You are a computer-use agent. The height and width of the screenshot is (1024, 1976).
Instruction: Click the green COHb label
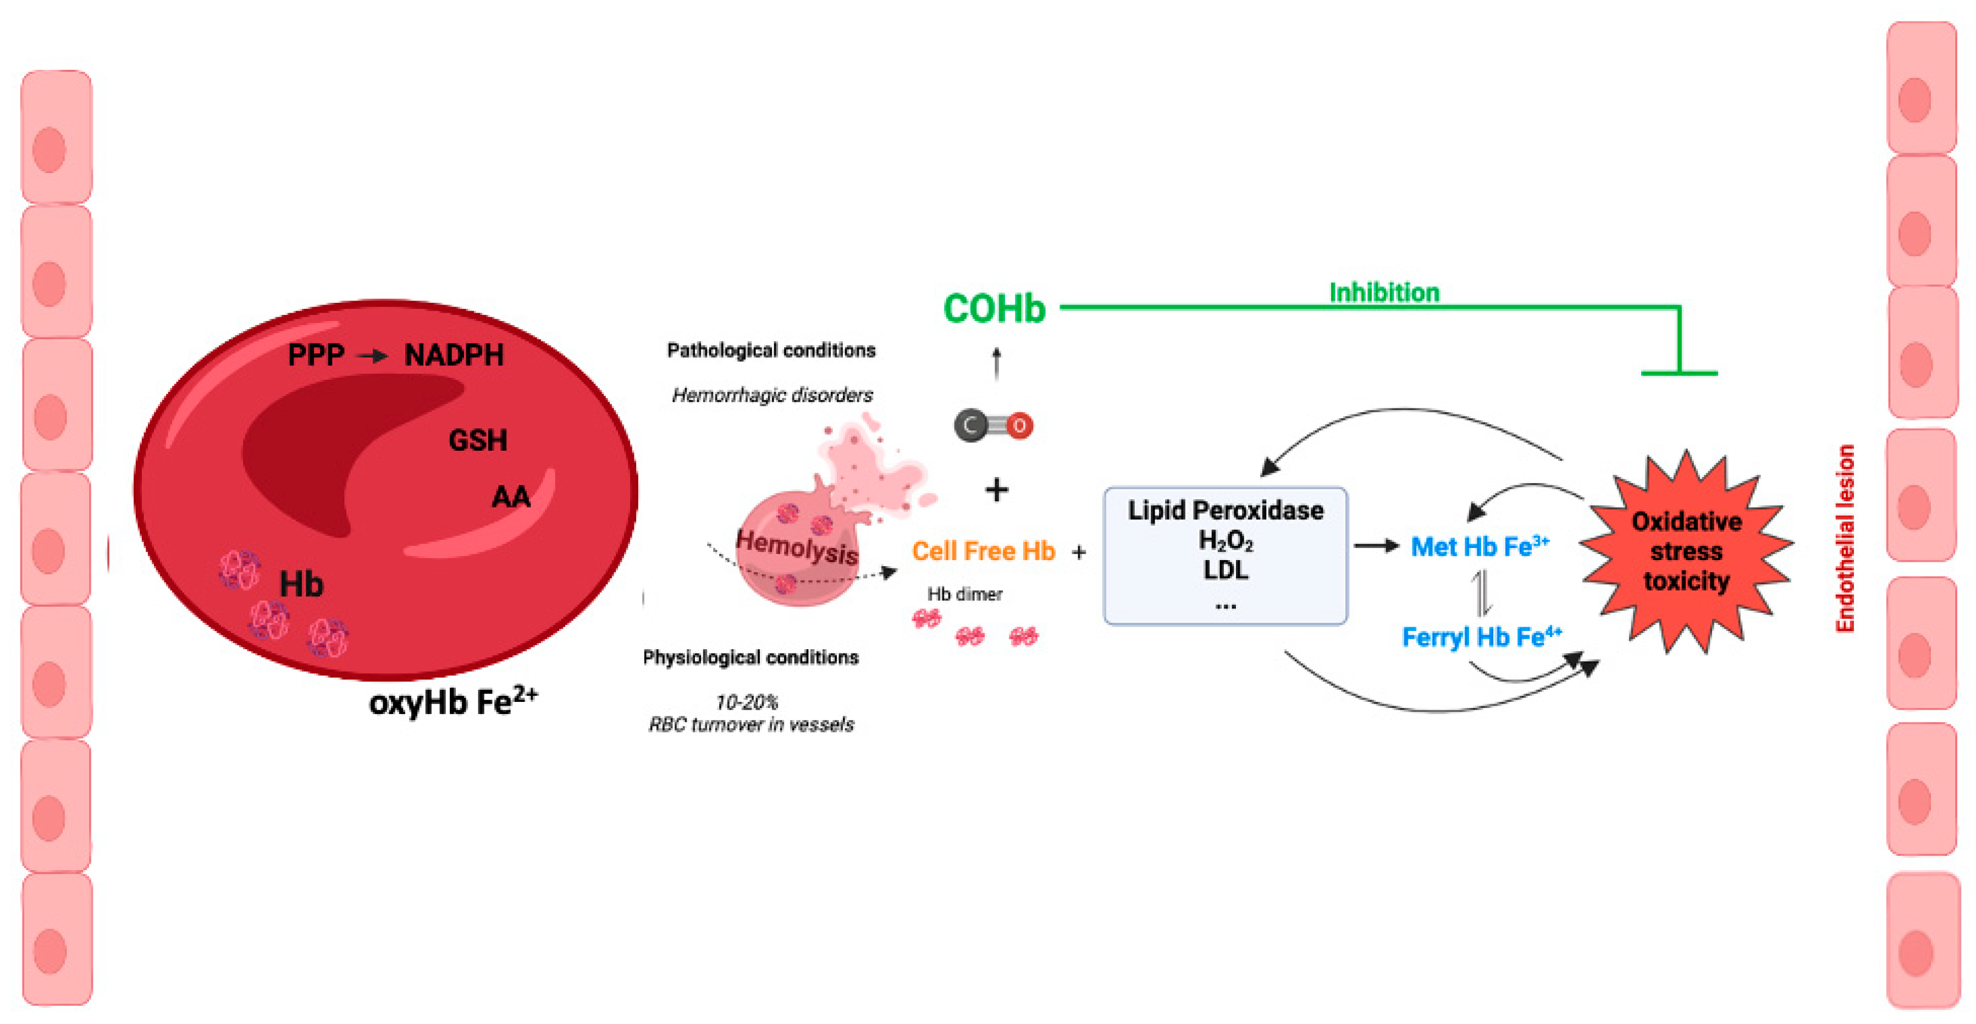[x=994, y=309]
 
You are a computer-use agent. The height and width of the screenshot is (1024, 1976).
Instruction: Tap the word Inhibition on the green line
[x=1384, y=292]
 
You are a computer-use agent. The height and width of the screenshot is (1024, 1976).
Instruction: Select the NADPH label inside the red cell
[x=454, y=355]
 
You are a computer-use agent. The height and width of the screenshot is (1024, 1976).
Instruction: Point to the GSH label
[x=478, y=440]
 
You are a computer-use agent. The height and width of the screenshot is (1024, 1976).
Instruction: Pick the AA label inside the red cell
[x=511, y=497]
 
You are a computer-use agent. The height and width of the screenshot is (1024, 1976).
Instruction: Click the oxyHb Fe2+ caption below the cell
[x=452, y=701]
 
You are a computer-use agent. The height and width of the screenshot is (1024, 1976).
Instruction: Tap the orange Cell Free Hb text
[x=984, y=551]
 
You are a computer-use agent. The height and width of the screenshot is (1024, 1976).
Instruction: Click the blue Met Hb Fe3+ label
[x=1480, y=546]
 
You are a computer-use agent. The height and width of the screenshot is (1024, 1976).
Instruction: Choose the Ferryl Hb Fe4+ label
[x=1481, y=636]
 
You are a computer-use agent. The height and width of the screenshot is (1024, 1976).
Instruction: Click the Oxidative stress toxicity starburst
[x=1686, y=551]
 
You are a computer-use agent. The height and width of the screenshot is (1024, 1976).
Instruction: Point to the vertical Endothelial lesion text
[x=1845, y=539]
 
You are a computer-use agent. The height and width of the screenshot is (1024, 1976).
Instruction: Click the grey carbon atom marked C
[x=970, y=425]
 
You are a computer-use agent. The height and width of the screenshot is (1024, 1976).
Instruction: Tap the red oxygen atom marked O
[x=1019, y=425]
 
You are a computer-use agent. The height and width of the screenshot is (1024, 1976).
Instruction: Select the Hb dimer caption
[x=964, y=594]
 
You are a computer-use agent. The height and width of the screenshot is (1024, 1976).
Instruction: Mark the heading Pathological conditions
[x=771, y=351]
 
